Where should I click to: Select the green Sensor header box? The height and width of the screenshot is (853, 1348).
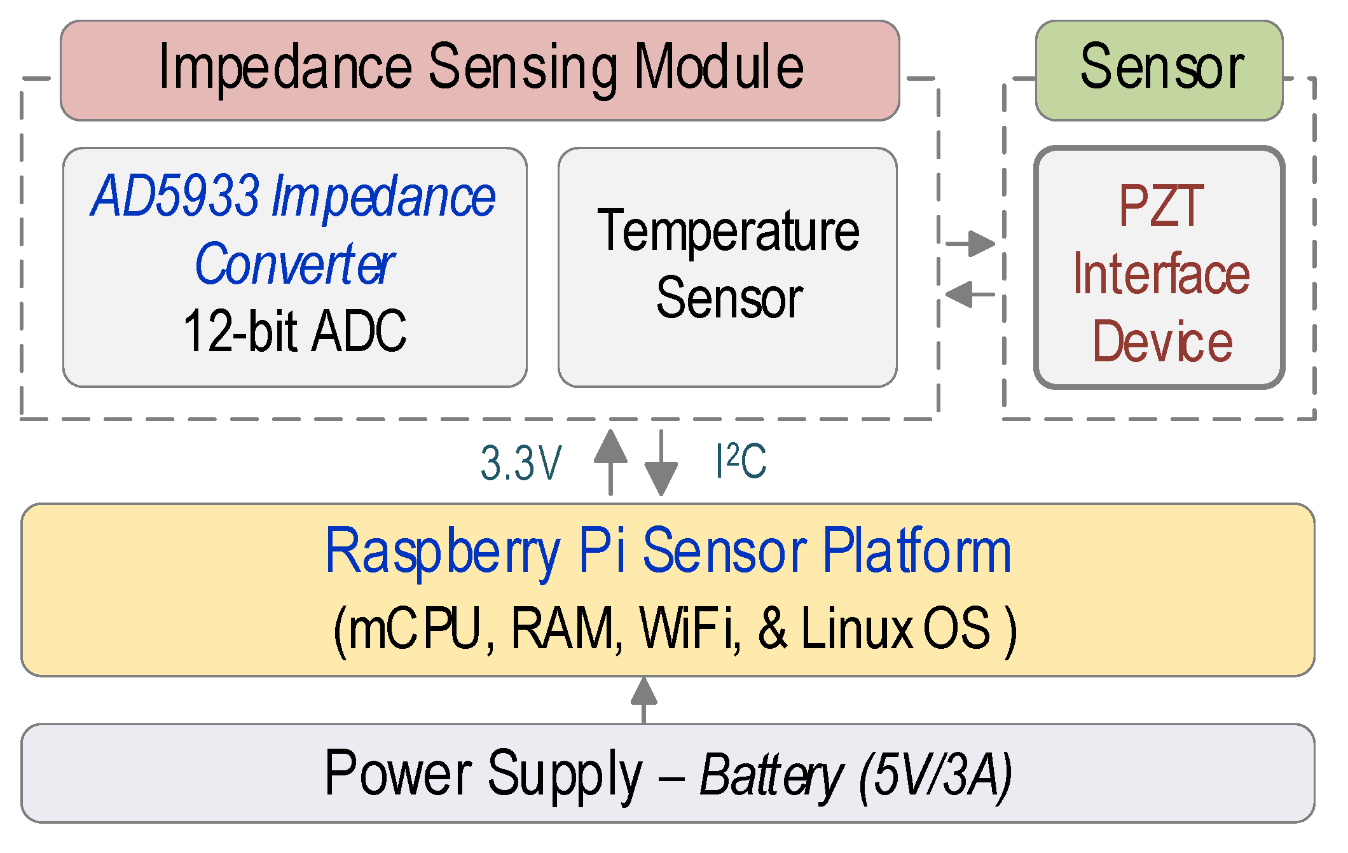[x=1159, y=70]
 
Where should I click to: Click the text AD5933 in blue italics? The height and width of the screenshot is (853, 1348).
[x=175, y=196]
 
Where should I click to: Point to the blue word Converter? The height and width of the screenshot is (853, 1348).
[x=294, y=264]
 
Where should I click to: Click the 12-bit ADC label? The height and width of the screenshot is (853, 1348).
[x=294, y=331]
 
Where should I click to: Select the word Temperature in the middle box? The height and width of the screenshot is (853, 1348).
[x=727, y=232]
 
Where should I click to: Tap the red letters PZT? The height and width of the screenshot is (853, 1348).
[x=1161, y=205]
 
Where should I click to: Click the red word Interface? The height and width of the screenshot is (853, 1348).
[x=1161, y=274]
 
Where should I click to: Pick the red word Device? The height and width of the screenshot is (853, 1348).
[x=1162, y=342]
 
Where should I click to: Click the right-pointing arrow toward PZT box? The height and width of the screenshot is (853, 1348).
[x=970, y=243]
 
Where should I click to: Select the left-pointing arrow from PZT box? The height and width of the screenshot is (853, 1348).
[x=969, y=294]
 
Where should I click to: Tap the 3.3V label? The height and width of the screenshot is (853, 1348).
[x=521, y=463]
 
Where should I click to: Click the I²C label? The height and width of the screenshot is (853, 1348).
[x=741, y=461]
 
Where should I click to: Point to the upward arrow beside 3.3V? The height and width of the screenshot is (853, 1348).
[x=610, y=462]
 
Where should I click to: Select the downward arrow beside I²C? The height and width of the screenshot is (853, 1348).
[x=661, y=463]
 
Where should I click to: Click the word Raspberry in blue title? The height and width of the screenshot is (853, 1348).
[x=442, y=551]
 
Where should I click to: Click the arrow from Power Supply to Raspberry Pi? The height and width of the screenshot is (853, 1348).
[x=643, y=700]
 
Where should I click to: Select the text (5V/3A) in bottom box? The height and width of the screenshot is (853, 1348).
[x=935, y=775]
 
